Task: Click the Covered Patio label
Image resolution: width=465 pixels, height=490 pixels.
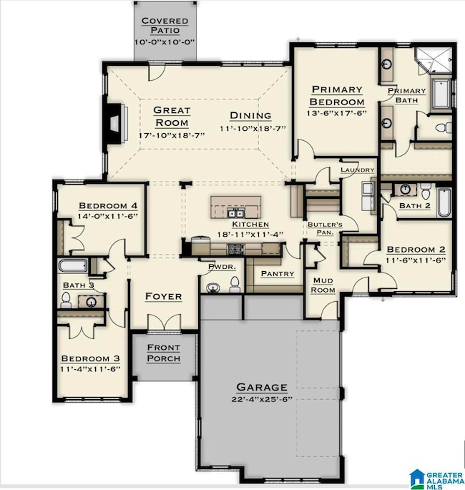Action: [165, 26]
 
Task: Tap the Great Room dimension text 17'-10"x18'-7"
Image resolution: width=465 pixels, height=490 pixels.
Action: [172, 135]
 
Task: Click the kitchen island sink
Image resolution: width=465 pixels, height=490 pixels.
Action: [235, 214]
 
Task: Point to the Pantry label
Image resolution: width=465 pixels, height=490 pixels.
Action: [278, 274]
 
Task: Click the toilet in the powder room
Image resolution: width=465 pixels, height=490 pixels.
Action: [235, 285]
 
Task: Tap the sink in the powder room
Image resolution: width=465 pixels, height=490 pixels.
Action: [212, 288]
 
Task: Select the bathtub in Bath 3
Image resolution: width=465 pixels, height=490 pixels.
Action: [72, 266]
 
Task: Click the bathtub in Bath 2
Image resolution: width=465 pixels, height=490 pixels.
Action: [444, 202]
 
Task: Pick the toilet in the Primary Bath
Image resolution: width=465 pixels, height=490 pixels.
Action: [444, 128]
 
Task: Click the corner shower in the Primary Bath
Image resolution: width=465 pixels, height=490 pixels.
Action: [435, 62]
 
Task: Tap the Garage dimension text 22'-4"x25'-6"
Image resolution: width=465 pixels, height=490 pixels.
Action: [262, 399]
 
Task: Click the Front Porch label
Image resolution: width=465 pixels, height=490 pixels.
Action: [163, 353]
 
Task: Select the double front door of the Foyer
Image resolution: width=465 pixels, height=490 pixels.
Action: [164, 323]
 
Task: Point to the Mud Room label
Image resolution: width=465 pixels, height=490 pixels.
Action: [323, 285]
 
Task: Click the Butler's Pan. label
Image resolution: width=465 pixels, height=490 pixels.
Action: [325, 228]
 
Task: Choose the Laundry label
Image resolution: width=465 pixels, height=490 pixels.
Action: [357, 170]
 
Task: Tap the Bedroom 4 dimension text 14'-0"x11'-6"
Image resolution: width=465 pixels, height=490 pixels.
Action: [108, 216]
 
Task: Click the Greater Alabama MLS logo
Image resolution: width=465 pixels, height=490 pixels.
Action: [436, 479]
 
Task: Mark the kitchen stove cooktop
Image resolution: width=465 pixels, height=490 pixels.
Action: [235, 249]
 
